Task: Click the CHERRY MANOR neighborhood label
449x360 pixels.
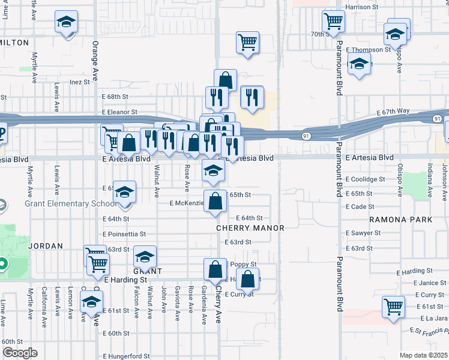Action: pyautogui.click(x=250, y=228)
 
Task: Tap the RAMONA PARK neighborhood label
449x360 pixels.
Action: pyautogui.click(x=401, y=220)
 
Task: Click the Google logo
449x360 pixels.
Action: pyautogui.click(x=19, y=353)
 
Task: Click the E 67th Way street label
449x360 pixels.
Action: pyautogui.click(x=393, y=112)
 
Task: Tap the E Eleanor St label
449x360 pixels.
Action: pyautogui.click(x=119, y=112)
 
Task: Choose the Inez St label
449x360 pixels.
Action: pyautogui.click(x=79, y=82)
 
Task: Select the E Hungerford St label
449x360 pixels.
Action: pyautogui.click(x=126, y=356)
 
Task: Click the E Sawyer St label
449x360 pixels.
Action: pyautogui.click(x=363, y=233)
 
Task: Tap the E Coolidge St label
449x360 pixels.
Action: pyautogui.click(x=365, y=179)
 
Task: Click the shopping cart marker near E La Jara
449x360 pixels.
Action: pyautogui.click(x=393, y=306)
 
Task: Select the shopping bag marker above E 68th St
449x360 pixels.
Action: pyautogui.click(x=225, y=80)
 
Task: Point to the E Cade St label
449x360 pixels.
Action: pyautogui.click(x=360, y=206)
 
